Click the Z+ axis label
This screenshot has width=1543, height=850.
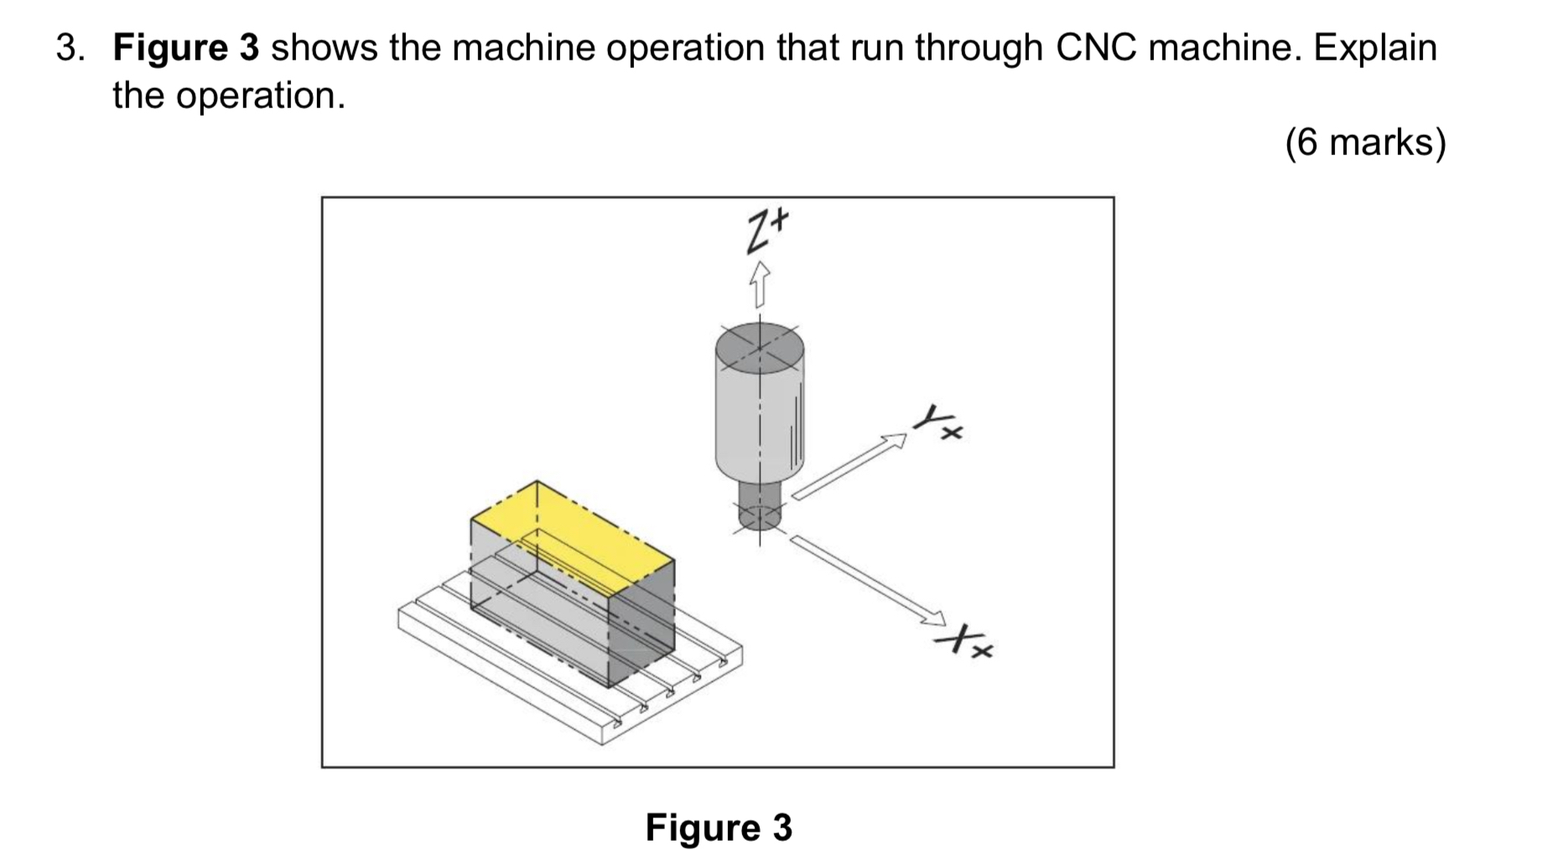click(766, 231)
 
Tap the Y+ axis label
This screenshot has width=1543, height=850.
click(938, 422)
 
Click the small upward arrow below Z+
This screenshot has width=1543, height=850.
click(759, 283)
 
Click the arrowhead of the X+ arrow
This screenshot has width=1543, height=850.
click(933, 619)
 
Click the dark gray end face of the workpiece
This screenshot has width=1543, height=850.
click(642, 625)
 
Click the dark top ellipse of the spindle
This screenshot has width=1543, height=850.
click(760, 346)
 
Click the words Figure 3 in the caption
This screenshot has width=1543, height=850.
click(719, 827)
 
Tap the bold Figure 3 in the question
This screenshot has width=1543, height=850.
click(186, 48)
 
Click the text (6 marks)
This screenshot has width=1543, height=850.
click(1365, 142)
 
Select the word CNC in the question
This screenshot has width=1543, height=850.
click(1095, 48)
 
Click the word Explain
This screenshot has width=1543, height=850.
click(1374, 48)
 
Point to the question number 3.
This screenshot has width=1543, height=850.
click(70, 48)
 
